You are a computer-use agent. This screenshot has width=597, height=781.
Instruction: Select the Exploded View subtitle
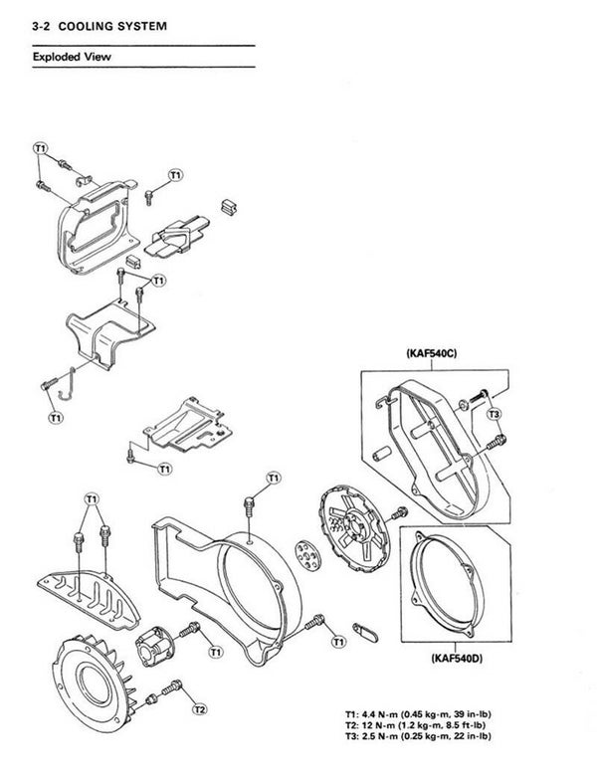coord(71,57)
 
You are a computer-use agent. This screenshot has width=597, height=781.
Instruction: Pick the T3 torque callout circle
coord(495,412)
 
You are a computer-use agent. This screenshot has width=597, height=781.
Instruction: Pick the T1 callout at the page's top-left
coord(40,149)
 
